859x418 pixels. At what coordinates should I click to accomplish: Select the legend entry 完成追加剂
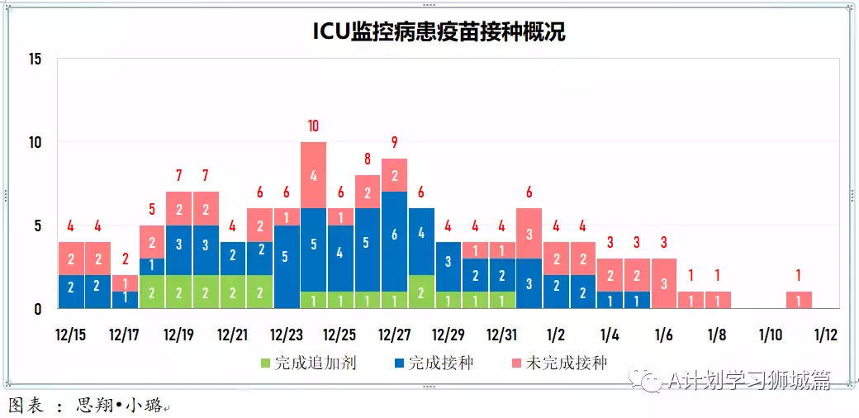point(308,363)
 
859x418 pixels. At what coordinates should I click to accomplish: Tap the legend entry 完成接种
point(434,363)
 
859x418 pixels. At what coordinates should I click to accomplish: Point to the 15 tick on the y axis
point(34,59)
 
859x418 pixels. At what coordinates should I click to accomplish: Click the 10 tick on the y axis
point(34,142)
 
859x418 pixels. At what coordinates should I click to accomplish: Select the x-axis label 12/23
point(286,335)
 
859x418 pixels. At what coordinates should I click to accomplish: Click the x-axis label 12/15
point(70,335)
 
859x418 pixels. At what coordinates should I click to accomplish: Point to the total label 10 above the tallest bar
point(313,126)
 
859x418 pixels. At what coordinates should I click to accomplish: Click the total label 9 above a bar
point(394,142)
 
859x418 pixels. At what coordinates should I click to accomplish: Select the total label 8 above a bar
point(368,159)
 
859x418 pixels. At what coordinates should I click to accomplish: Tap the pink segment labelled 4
point(313,175)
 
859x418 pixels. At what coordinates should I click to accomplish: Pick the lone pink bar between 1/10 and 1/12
point(799,300)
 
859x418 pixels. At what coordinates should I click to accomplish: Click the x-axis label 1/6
point(663,335)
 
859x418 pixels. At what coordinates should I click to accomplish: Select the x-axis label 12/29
point(448,335)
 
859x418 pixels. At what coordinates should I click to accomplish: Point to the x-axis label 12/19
point(178,335)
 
